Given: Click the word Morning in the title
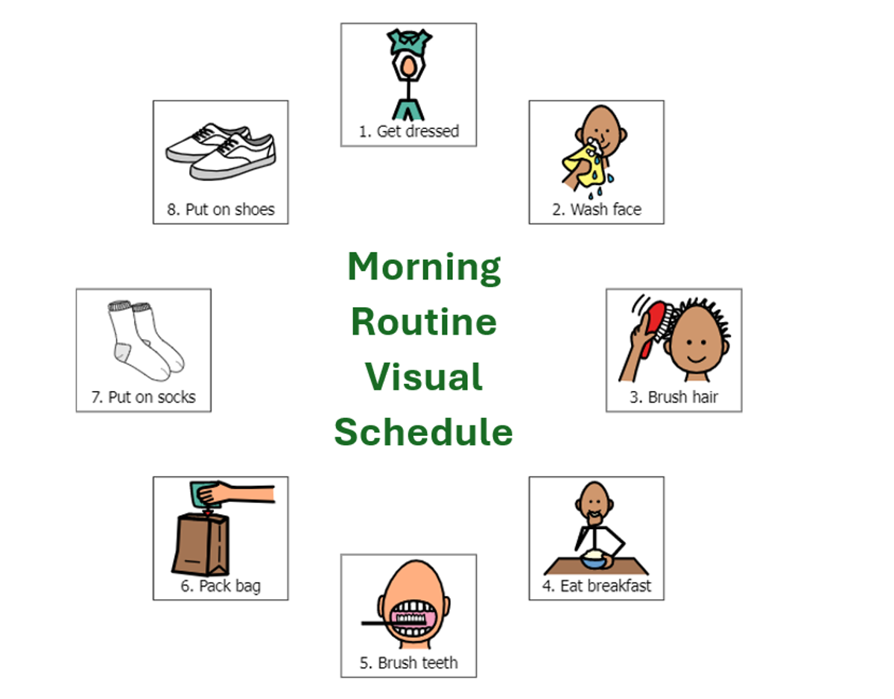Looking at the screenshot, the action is [x=424, y=268].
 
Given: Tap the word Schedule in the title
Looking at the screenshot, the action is [x=423, y=431].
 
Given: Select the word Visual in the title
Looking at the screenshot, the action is [x=424, y=376].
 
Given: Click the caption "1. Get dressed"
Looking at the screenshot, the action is [x=408, y=131].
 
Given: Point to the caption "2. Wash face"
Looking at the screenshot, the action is [x=597, y=209].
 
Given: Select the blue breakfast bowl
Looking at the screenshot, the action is [x=594, y=561].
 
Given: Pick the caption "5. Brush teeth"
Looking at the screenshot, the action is [x=408, y=662].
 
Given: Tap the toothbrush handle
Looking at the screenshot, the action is [x=375, y=623].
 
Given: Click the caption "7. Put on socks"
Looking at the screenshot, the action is [x=143, y=397].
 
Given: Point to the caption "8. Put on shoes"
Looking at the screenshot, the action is [x=221, y=209].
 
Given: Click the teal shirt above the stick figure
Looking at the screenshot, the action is [x=408, y=41].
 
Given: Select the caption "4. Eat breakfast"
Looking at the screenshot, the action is [x=597, y=586].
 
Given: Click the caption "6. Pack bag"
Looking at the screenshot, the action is [x=221, y=586].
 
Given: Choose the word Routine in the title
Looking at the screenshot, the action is [x=424, y=322].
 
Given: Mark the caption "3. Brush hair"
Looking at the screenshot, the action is [x=673, y=397].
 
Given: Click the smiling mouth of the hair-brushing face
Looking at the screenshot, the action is [x=696, y=360].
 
